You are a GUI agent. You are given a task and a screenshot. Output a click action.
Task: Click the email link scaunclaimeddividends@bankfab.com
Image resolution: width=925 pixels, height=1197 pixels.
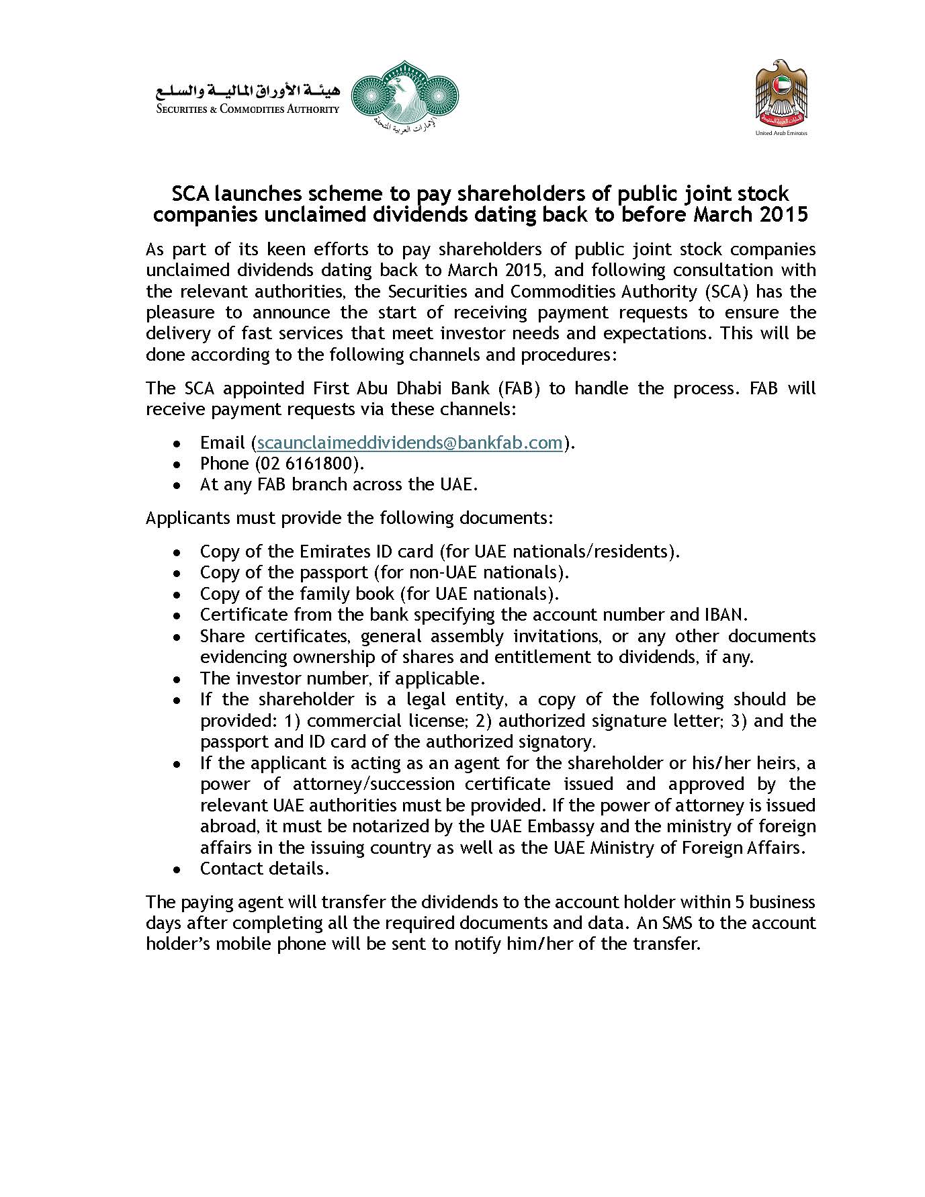[410, 443]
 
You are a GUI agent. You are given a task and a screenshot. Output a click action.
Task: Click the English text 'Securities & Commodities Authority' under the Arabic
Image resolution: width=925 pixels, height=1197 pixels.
[247, 109]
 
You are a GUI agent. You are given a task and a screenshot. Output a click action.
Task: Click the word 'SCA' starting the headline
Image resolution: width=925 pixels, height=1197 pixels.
[190, 193]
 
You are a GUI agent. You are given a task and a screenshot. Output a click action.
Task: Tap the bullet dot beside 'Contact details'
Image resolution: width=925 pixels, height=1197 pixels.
[177, 870]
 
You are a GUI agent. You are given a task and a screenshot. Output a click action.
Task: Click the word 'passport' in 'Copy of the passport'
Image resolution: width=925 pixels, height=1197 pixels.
[334, 572]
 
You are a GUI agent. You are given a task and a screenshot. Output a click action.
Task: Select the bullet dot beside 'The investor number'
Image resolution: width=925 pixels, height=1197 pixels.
[177, 679]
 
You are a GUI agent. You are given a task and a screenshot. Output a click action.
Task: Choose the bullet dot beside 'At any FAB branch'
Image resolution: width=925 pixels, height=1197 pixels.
[177, 486]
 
